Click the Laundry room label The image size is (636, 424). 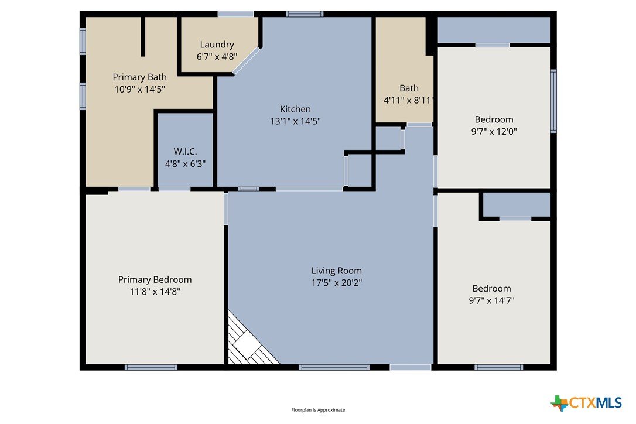[x=217, y=45]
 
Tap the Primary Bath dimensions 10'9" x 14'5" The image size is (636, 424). [x=139, y=89]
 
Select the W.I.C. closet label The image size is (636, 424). [x=186, y=152]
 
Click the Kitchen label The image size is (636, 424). [x=295, y=109]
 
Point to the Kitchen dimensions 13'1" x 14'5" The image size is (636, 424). [x=295, y=121]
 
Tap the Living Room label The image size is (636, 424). [x=337, y=271]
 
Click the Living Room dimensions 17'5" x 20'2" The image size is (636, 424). [x=337, y=282]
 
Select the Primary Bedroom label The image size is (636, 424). [x=155, y=279]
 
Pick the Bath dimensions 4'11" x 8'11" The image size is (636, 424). [x=408, y=100]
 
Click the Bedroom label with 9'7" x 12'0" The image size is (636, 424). [x=494, y=119]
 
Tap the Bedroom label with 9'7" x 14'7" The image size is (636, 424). [x=491, y=289]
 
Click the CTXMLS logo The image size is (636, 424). [x=586, y=403]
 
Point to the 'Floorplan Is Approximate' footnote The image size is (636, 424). [x=318, y=410]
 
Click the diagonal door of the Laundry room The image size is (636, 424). [x=246, y=61]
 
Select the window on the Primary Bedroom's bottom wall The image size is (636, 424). [x=151, y=367]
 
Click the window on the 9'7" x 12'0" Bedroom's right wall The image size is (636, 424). [x=553, y=101]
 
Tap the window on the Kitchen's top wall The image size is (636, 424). [x=305, y=14]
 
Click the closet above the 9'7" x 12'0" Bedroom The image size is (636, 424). [x=494, y=30]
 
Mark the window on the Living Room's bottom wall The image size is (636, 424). [x=334, y=367]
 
